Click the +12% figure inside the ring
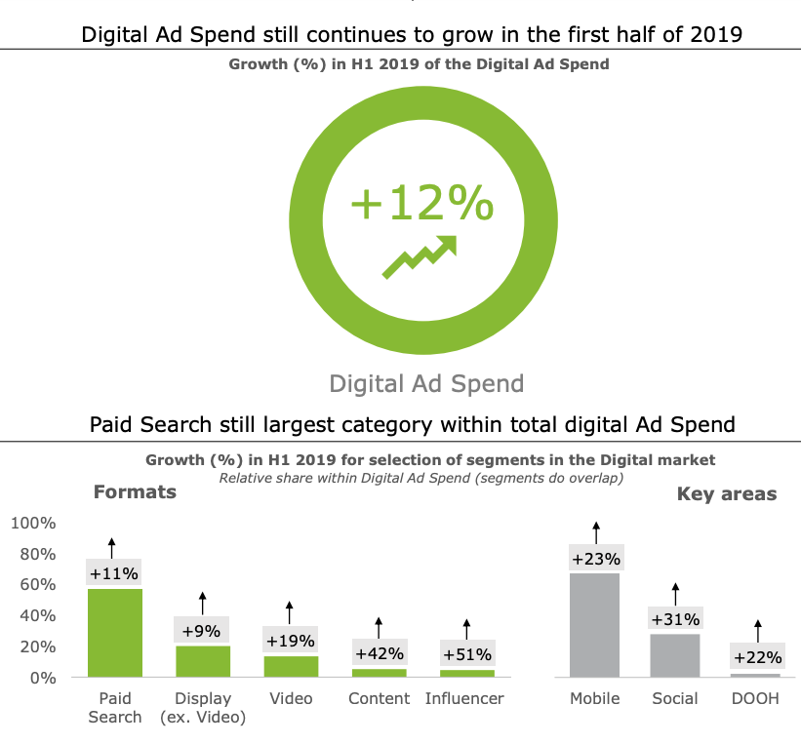click(421, 204)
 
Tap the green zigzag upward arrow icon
click(421, 256)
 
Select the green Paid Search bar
click(115, 633)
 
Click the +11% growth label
click(114, 573)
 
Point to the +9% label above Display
click(202, 631)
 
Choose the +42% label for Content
click(379, 653)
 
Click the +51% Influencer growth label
click(466, 653)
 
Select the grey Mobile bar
click(595, 625)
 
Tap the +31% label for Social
click(675, 618)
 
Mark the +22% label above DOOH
click(757, 657)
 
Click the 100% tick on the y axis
click(34, 524)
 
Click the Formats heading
click(135, 491)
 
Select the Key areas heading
click(727, 494)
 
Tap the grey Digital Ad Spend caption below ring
click(426, 383)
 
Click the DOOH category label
click(756, 698)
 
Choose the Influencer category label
click(465, 698)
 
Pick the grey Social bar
click(675, 655)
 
